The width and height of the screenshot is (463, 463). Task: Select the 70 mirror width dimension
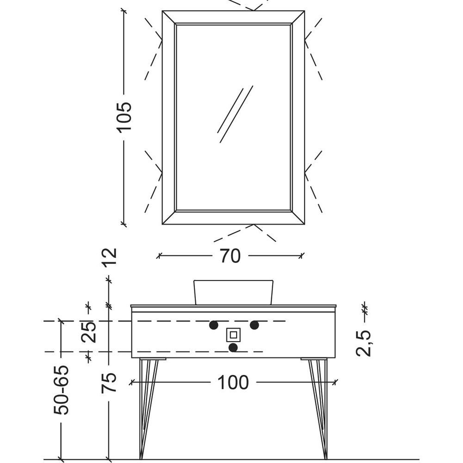click(x=230, y=256)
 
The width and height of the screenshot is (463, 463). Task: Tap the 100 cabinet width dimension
click(x=233, y=382)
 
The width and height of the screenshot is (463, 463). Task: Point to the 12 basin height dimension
click(x=110, y=257)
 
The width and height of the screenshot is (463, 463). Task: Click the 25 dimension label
click(x=88, y=332)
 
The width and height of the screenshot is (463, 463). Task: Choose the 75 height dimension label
click(x=109, y=383)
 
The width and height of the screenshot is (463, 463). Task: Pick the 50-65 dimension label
click(x=61, y=390)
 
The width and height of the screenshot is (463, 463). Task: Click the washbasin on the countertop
click(x=233, y=292)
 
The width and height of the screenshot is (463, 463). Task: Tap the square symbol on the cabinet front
click(x=233, y=335)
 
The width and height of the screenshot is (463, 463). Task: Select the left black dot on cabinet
click(x=213, y=325)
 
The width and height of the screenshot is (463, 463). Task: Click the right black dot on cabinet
click(x=254, y=325)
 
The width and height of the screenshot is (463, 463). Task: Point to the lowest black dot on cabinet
click(x=233, y=348)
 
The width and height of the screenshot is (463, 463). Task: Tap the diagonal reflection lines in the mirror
click(x=235, y=114)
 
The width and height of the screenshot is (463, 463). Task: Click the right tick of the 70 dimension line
click(x=301, y=256)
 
